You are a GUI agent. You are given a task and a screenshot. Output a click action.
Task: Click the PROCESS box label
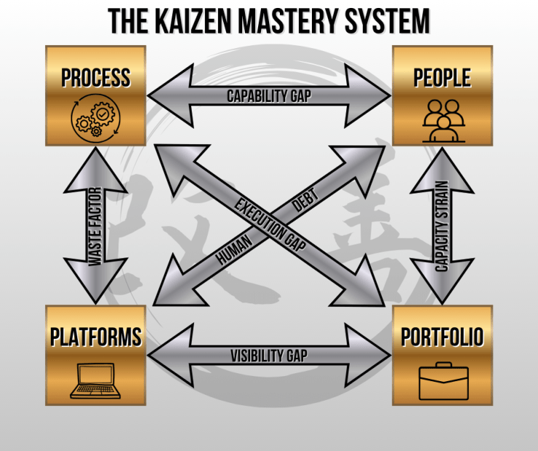point(96,78)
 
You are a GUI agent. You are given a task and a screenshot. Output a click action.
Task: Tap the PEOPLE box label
point(442,78)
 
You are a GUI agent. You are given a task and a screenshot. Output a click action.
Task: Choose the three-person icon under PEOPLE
point(443,119)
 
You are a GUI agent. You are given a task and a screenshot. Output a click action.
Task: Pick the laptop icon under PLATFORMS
point(95,380)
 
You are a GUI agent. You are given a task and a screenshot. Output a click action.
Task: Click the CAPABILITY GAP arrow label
point(269,96)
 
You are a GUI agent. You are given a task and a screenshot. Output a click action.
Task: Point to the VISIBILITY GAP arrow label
point(269,356)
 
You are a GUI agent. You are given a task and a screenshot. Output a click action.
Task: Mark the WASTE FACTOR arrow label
point(95,225)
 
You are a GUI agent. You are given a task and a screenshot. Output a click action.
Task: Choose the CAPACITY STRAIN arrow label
point(442,225)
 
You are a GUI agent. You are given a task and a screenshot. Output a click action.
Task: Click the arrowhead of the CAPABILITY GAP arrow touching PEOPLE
point(375,95)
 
